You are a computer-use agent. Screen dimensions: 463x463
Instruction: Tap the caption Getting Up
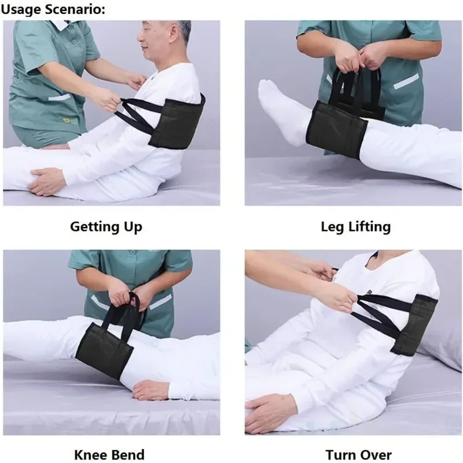(x=106, y=226)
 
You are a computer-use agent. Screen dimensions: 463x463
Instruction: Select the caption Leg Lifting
(x=355, y=226)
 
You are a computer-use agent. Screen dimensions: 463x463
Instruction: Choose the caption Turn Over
(x=358, y=454)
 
